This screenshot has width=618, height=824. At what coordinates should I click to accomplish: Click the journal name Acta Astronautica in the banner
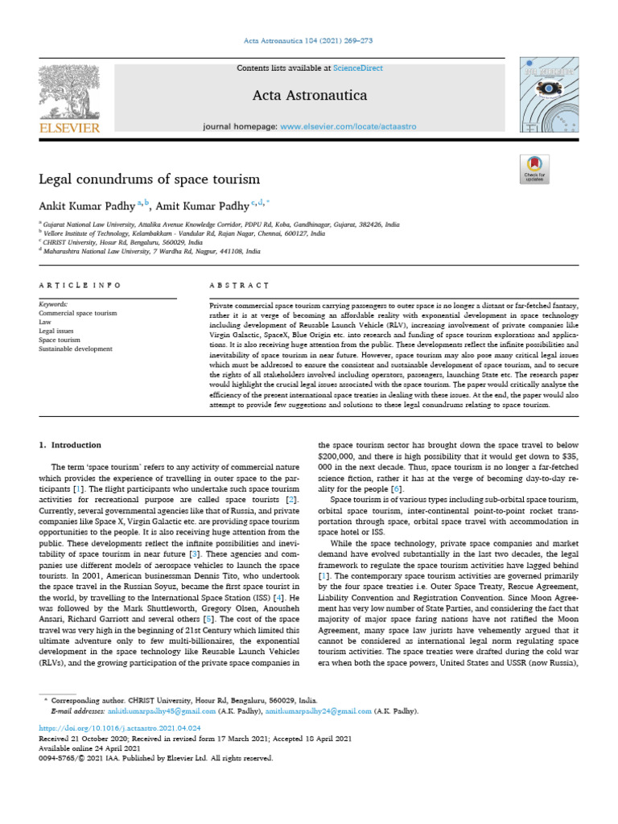[x=310, y=96]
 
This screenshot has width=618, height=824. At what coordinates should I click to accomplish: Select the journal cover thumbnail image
[x=550, y=97]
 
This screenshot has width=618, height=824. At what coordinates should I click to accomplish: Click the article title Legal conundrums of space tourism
[x=149, y=178]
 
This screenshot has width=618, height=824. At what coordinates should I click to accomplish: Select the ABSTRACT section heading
[x=239, y=286]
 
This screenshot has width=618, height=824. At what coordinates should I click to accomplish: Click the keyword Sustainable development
[x=76, y=349]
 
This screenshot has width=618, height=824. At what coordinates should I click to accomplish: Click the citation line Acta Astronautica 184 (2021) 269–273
[x=309, y=40]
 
